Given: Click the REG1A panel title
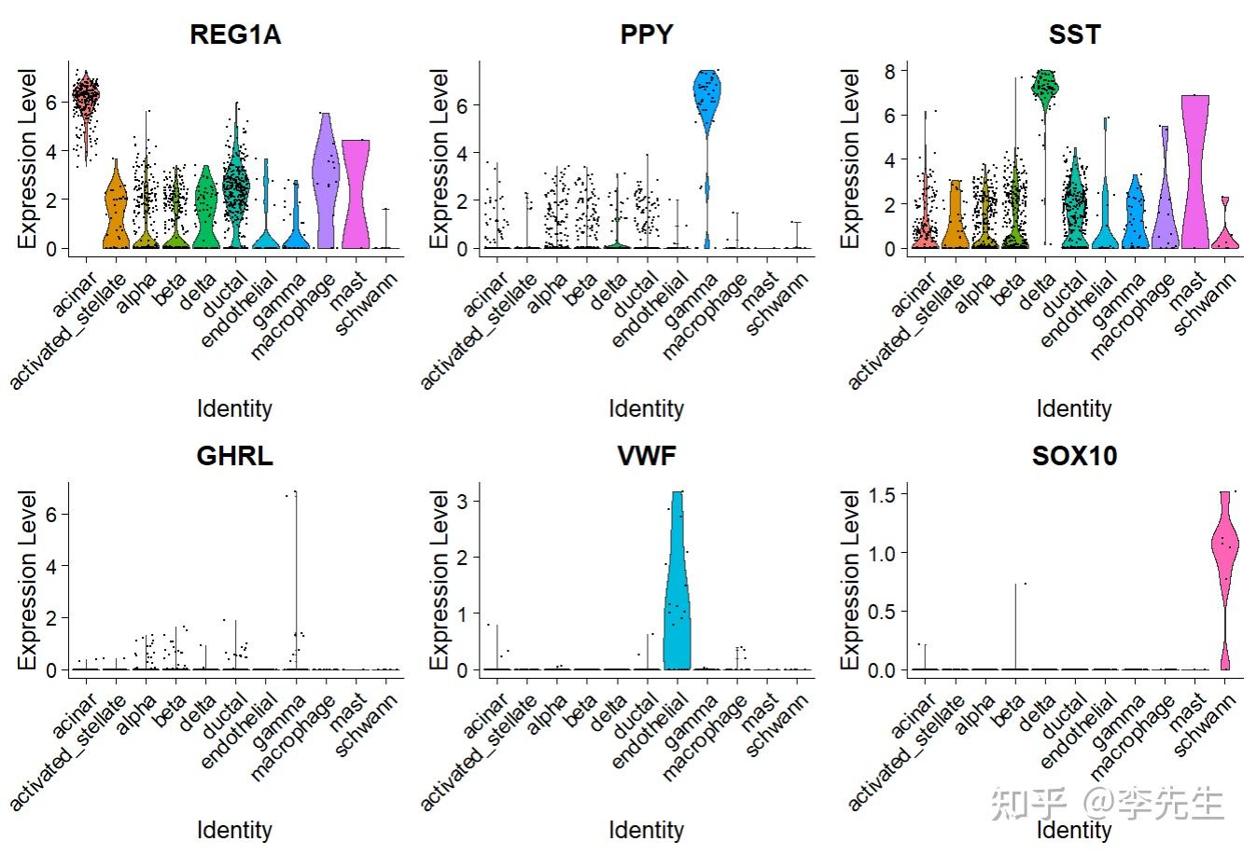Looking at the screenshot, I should tap(235, 35).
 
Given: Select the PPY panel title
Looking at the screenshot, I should tap(646, 35).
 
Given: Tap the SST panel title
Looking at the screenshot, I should tap(1074, 35).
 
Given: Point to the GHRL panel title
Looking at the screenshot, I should tap(235, 456).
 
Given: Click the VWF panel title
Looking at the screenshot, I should tap(646, 456).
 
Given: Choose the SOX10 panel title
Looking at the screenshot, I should tap(1074, 456).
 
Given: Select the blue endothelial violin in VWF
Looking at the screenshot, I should tap(677, 597).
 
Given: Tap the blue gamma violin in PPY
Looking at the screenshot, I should tap(707, 103).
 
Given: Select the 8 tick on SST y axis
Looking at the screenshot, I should tap(890, 72).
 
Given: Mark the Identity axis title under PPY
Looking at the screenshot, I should tap(646, 408).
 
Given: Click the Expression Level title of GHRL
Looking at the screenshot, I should tap(28, 580).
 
